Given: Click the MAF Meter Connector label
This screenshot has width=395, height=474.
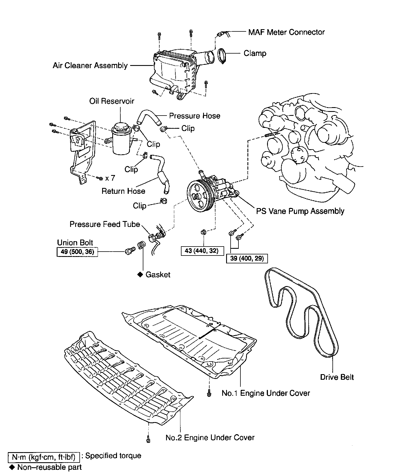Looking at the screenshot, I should coord(286,32).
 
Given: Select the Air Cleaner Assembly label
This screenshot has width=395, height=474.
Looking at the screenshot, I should coord(90,66).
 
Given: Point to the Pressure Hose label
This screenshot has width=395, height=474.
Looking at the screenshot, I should coord(194,116).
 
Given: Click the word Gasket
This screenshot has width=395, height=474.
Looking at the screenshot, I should coord(158,275).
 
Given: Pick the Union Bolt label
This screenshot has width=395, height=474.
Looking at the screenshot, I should coord(75,243).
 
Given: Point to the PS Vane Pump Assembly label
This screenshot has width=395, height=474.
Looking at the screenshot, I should coord(300,211).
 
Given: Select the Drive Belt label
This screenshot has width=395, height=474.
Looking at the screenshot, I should coord(337,377).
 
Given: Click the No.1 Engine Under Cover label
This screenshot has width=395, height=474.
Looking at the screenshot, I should coord(265,393).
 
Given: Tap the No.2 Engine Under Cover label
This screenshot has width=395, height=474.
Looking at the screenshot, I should coord(210,438).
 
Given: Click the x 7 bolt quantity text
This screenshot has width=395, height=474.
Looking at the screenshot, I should coord(110,178).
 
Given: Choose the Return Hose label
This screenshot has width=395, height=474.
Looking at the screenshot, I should coord(123,191).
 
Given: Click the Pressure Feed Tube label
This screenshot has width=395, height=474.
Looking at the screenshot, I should coord(105,224).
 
